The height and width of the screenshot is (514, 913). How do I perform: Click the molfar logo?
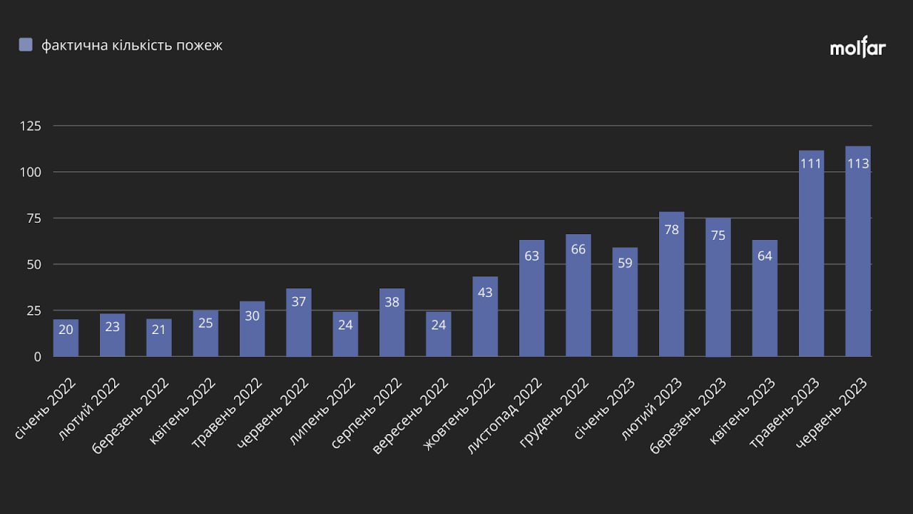(x=857, y=48)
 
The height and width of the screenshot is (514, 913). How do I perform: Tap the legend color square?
(x=26, y=45)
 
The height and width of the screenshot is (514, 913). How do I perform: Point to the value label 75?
(x=718, y=235)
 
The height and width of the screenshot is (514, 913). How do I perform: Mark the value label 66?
(x=578, y=249)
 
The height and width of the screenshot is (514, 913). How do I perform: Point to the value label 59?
(x=625, y=262)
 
